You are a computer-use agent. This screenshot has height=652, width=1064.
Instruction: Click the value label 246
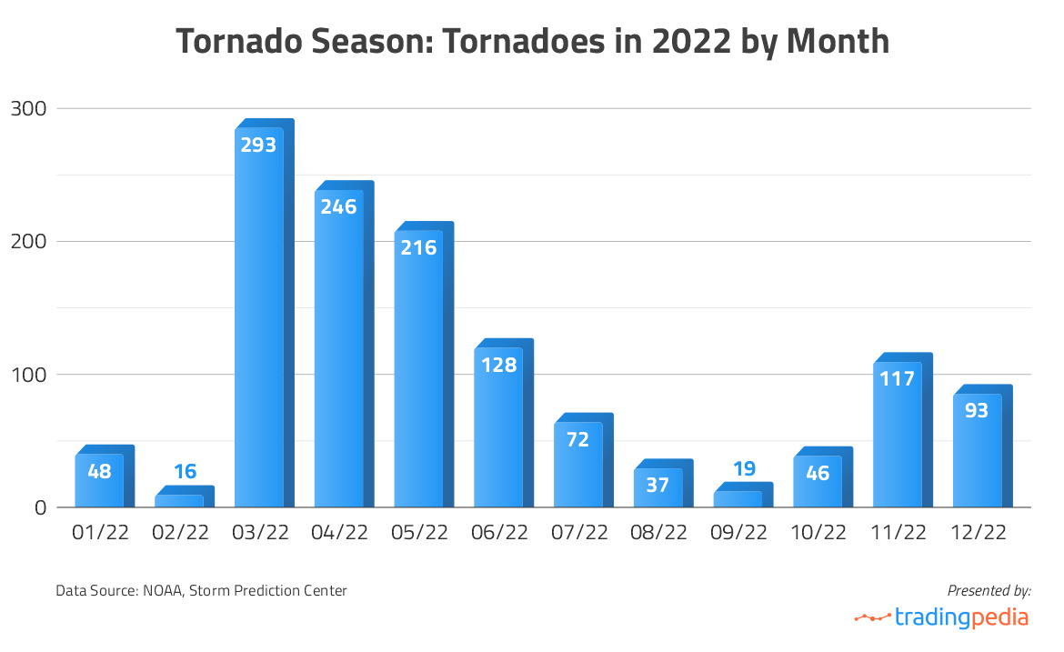click(338, 206)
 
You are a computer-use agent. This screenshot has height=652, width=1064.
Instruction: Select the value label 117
click(898, 378)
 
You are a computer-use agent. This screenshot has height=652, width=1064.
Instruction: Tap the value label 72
click(577, 439)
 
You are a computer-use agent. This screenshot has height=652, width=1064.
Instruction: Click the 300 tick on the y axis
click(28, 108)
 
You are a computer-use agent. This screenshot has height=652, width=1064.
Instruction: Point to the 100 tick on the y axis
click(28, 375)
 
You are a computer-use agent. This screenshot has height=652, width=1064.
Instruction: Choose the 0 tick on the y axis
click(40, 507)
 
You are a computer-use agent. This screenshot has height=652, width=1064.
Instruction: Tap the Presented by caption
click(989, 591)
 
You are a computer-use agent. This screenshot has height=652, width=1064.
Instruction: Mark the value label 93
click(977, 410)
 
